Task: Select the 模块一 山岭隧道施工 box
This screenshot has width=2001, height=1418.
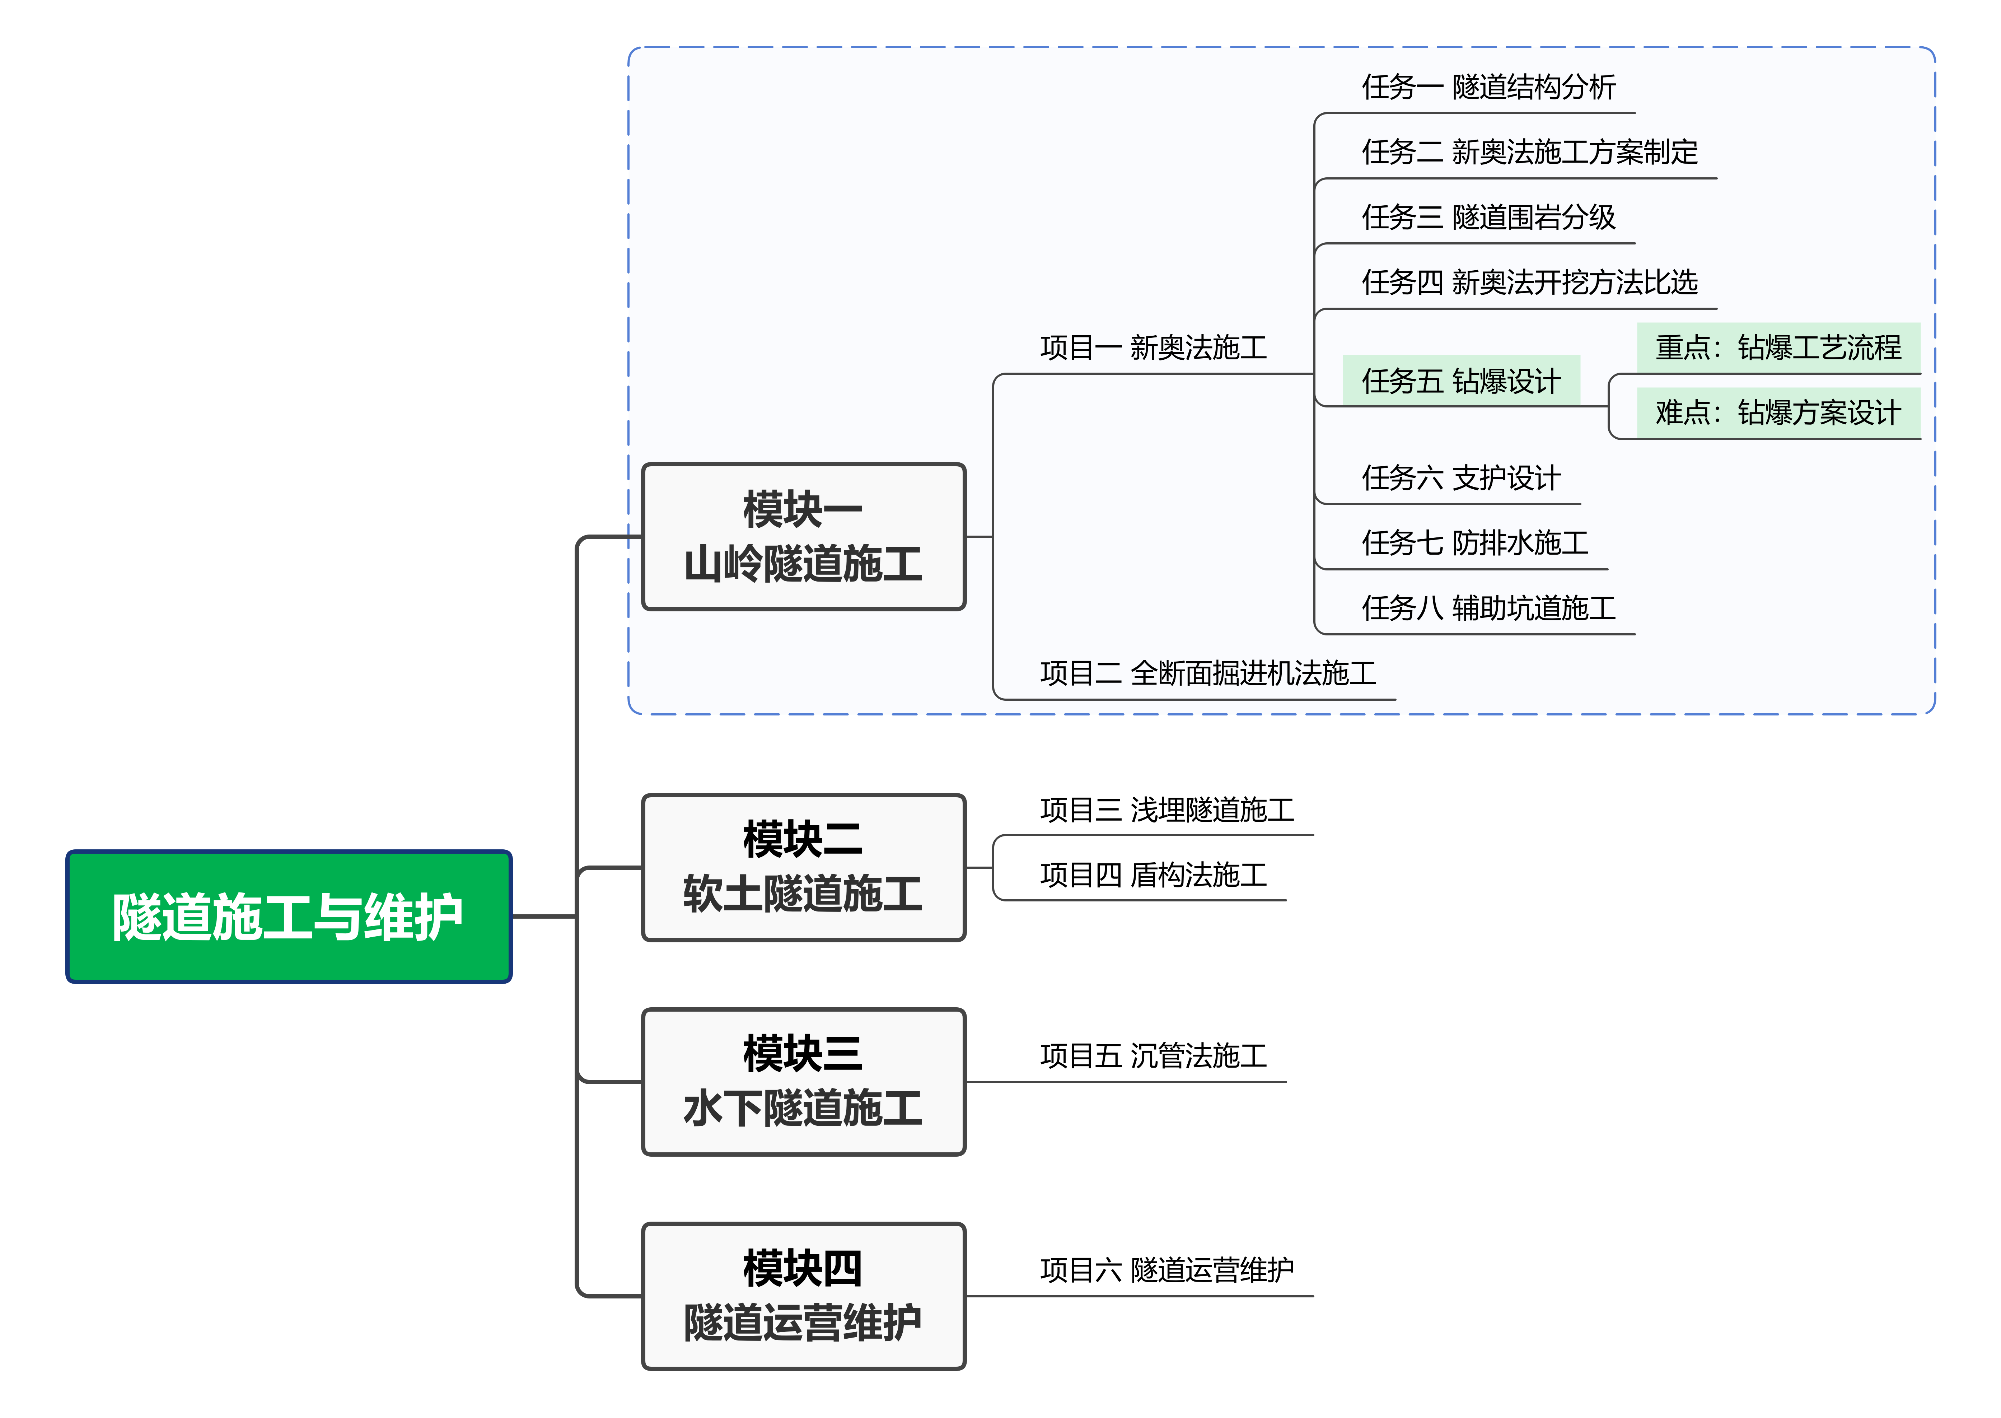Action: (x=803, y=536)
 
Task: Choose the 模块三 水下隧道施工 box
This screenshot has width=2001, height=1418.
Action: (x=803, y=1082)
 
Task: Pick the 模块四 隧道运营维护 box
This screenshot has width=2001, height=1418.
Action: (x=803, y=1296)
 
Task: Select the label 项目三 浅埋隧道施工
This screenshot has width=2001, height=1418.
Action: (x=1167, y=810)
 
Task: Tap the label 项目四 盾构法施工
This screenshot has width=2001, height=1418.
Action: (x=1153, y=875)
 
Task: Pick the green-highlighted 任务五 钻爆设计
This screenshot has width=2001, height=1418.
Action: (x=1460, y=381)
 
